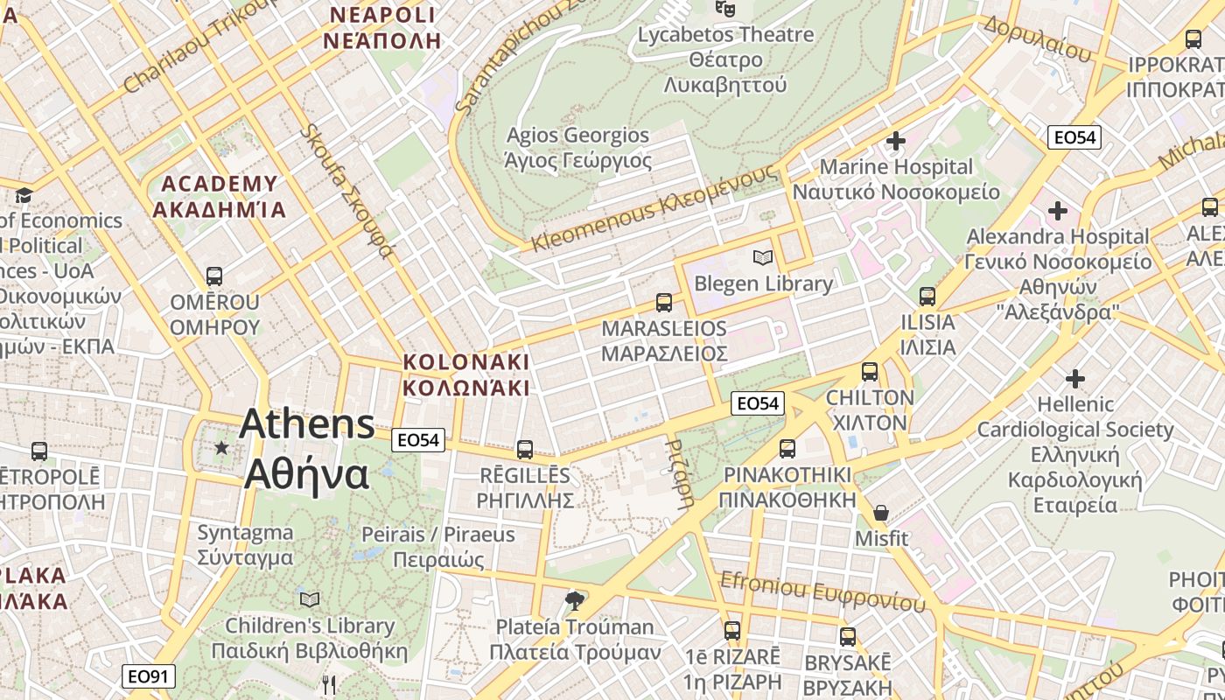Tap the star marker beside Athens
point(221,448)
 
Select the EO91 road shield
point(149,676)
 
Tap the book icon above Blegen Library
point(763,258)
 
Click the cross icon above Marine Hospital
point(895,141)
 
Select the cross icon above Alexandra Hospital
point(1057,211)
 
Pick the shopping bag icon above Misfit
point(881,513)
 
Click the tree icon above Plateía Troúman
point(575,600)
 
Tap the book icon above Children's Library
point(309,599)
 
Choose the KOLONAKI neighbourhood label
point(465,374)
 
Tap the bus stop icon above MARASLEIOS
point(664,303)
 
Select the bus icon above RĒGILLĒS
point(525,450)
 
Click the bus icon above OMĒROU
point(214,276)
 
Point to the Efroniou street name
point(822,591)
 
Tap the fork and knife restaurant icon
point(329,685)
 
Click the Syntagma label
point(245,544)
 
